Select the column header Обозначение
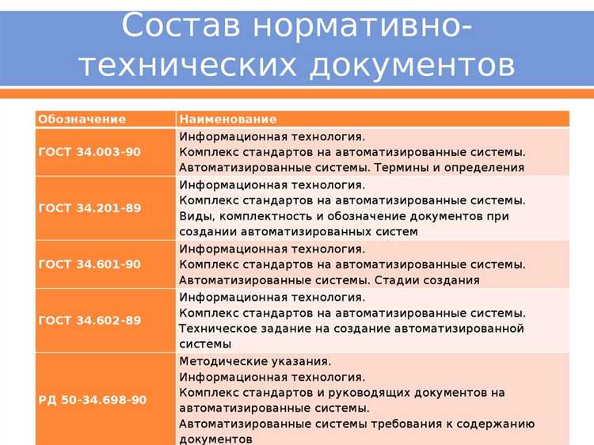click(82, 119)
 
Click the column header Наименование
click(227, 119)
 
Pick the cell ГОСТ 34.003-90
click(89, 151)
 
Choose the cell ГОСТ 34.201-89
click(89, 208)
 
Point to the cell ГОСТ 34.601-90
click(89, 264)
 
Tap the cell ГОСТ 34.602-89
click(89, 320)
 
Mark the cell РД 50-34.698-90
click(92, 400)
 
